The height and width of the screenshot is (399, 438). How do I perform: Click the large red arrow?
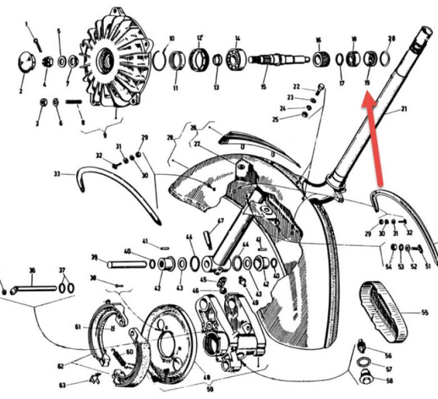click(375, 138)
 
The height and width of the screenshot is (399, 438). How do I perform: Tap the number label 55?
click(424, 312)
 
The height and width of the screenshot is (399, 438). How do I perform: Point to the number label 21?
click(404, 109)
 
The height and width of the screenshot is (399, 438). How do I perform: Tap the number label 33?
click(58, 174)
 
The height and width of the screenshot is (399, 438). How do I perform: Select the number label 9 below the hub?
click(104, 135)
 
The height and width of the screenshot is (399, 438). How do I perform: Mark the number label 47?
click(220, 221)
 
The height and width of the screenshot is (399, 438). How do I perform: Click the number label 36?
click(31, 271)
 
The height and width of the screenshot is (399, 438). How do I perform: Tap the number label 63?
click(79, 385)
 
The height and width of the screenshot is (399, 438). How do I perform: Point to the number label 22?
click(296, 86)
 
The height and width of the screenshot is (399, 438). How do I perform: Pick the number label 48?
click(206, 378)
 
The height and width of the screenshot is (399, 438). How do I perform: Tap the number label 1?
click(27, 24)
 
